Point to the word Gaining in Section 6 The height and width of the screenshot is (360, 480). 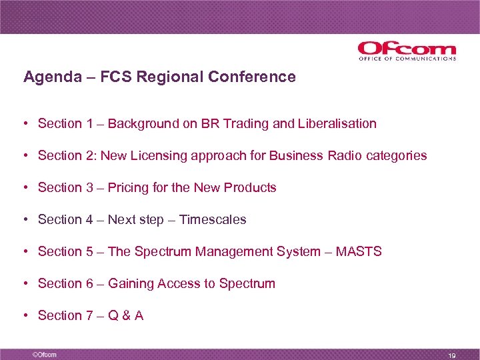click(x=131, y=283)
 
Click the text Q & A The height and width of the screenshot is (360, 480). click(x=125, y=315)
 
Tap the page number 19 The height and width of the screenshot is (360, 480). click(x=452, y=355)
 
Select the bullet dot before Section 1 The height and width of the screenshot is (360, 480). click(x=25, y=124)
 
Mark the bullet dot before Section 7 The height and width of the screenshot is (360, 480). click(x=25, y=316)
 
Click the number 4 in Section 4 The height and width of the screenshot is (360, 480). click(x=89, y=219)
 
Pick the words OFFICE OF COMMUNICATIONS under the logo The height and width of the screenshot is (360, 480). click(x=407, y=59)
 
